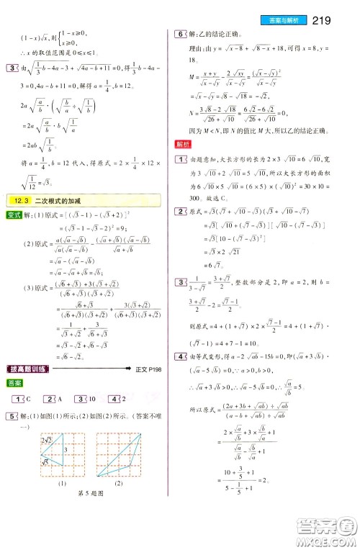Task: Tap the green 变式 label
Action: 12,215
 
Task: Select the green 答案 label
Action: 12,383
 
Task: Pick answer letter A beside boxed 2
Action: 61,399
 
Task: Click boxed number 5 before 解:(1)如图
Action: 9,416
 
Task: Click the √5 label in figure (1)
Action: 44,462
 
